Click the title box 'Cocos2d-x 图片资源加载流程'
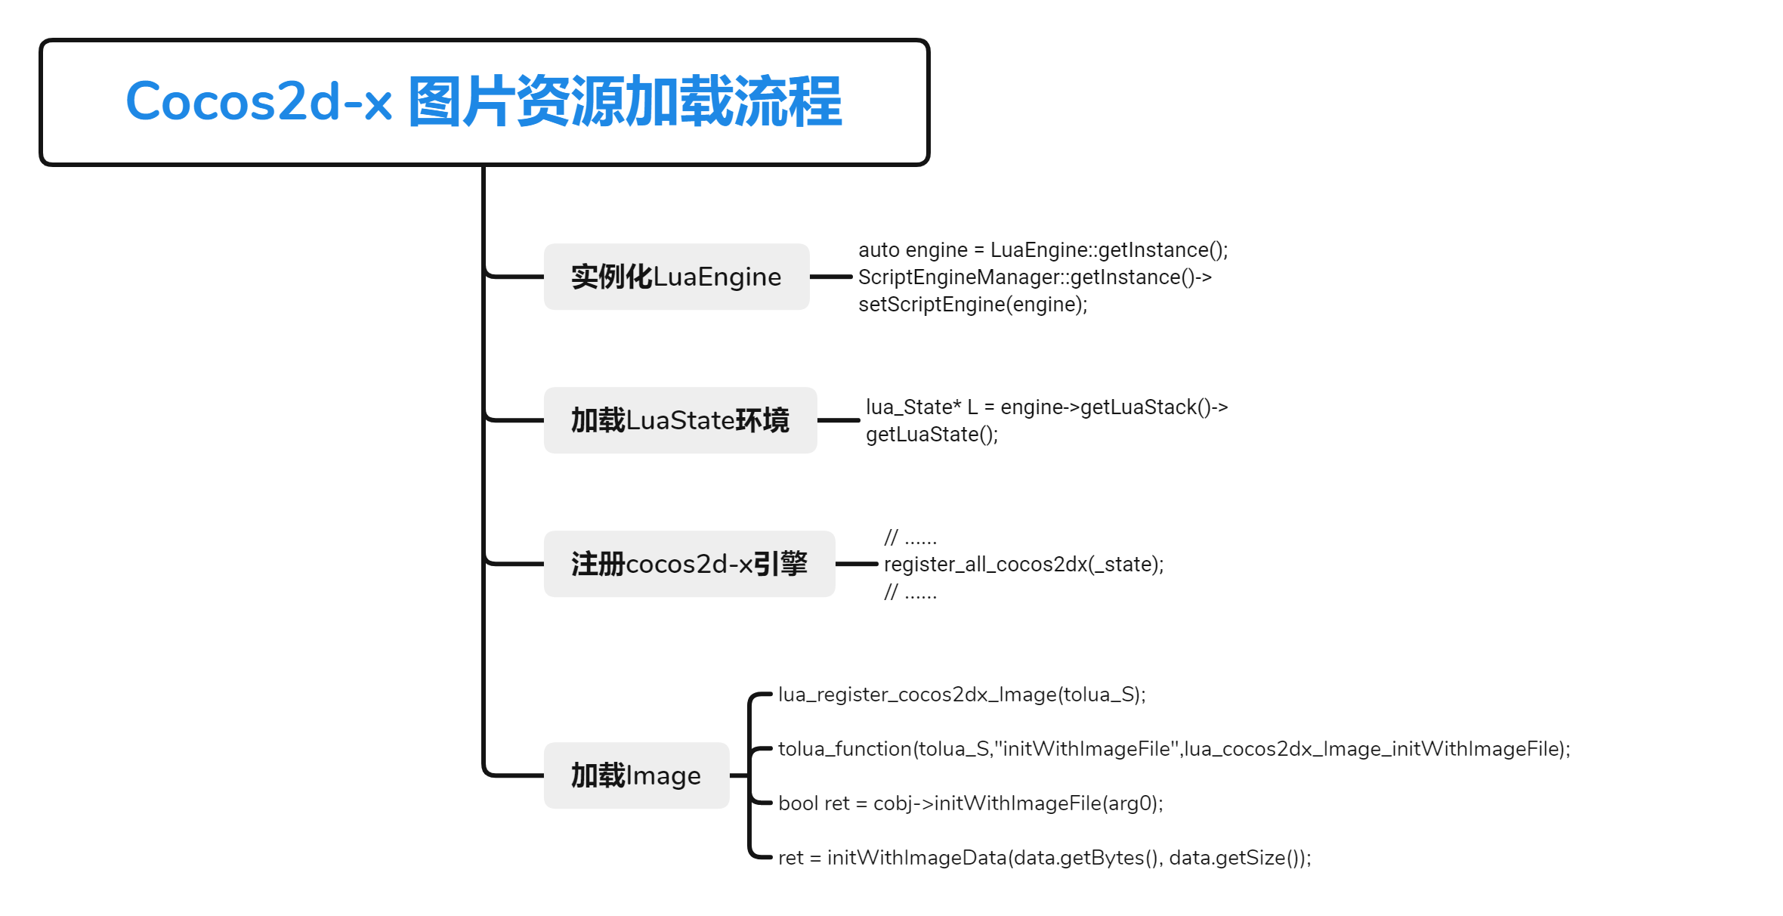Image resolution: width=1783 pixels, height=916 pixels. (484, 102)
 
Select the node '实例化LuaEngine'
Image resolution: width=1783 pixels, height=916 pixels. (676, 277)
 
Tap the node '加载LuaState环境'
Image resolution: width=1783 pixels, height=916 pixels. (680, 420)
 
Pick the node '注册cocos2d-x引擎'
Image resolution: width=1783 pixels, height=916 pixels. (689, 564)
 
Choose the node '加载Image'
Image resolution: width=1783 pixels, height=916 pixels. (636, 775)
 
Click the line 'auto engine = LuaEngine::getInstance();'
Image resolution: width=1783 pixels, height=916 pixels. (1043, 250)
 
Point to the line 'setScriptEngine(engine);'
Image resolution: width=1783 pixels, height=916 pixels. (972, 305)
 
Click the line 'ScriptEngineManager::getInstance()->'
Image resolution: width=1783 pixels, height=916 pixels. (1034, 277)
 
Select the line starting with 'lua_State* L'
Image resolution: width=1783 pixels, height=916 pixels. (1046, 407)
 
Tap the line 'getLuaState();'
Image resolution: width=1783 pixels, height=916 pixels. (932, 435)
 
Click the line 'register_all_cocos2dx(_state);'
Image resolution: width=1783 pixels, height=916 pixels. (1024, 565)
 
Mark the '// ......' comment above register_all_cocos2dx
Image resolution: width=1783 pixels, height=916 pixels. (910, 538)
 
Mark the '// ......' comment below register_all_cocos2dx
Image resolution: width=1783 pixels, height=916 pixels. (910, 593)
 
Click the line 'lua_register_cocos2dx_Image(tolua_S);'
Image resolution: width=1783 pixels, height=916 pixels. (962, 695)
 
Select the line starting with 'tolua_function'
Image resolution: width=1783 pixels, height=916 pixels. (1174, 749)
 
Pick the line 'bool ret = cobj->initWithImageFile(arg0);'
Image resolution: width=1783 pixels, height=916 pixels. (970, 803)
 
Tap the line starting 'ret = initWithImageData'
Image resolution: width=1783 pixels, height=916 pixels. (1044, 858)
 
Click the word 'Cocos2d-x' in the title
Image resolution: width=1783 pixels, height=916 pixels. (258, 101)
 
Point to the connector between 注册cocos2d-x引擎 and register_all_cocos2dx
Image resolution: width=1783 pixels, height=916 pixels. (857, 564)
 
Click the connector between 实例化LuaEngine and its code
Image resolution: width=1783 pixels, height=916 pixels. (831, 277)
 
